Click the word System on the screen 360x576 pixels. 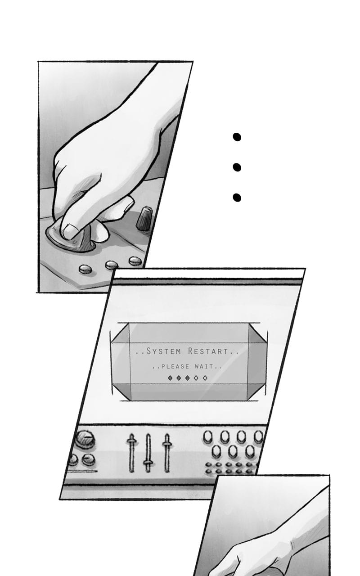[163, 351]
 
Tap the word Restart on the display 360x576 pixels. [208, 351]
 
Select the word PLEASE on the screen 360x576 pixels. [175, 366]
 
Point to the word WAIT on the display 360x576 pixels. [204, 366]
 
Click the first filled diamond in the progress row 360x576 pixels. [170, 378]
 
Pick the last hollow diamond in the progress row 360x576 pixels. [205, 378]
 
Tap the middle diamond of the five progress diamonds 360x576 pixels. [188, 378]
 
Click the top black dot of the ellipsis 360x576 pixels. [237, 137]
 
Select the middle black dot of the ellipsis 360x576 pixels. [237, 167]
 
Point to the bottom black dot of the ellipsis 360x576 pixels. [237, 198]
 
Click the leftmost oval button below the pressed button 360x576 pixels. [85, 269]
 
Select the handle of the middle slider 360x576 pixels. [148, 462]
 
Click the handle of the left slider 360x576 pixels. [131, 441]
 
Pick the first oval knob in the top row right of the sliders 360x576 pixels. [208, 436]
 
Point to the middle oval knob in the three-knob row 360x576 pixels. [233, 451]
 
